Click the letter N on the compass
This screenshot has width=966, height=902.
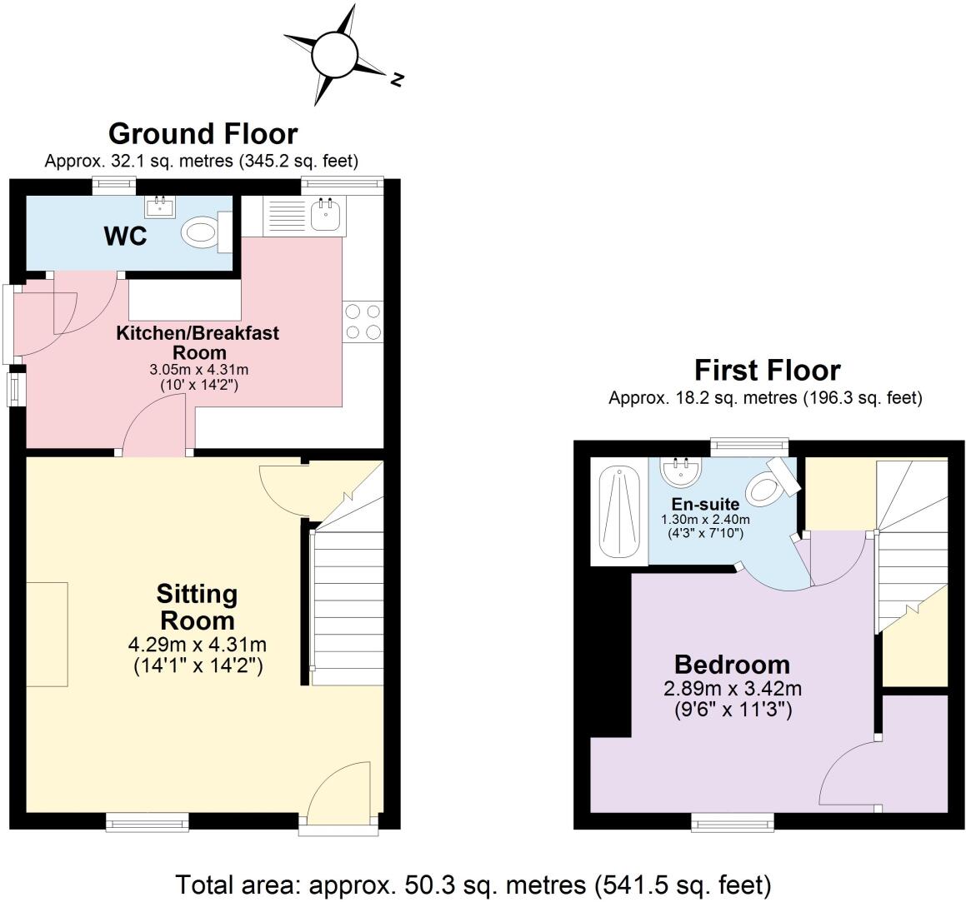(398, 79)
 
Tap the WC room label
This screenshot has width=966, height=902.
(126, 237)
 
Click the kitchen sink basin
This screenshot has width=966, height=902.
(325, 215)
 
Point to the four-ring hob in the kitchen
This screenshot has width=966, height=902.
(363, 321)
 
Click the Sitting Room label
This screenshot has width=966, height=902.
(198, 607)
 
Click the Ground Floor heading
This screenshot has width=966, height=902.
(203, 133)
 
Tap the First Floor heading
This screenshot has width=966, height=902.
(768, 370)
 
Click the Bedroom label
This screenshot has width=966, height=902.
(732, 665)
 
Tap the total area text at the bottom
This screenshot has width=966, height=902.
(473, 883)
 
